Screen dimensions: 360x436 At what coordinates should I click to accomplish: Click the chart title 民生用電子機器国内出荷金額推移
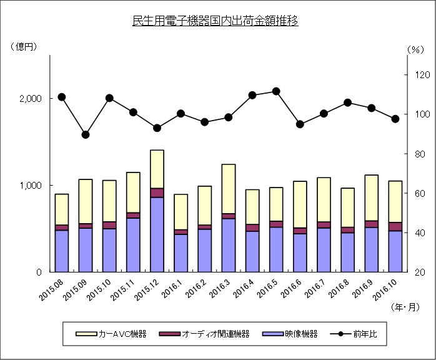pos(216,21)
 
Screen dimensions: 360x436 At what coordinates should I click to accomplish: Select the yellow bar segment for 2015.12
pos(157,169)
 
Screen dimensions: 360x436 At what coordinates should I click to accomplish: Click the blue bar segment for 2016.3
pos(228,245)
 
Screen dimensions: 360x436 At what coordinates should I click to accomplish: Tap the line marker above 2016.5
pos(276,92)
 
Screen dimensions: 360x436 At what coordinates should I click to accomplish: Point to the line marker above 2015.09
pos(86,134)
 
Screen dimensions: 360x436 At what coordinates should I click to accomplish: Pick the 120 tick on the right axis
pos(418,75)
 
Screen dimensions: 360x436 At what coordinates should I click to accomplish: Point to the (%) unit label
pos(415,49)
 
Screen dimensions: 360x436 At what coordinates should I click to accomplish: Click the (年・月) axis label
pos(405,307)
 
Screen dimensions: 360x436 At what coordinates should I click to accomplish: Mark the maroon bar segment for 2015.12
pos(157,192)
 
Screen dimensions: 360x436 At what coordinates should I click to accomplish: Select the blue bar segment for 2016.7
pos(324,249)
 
